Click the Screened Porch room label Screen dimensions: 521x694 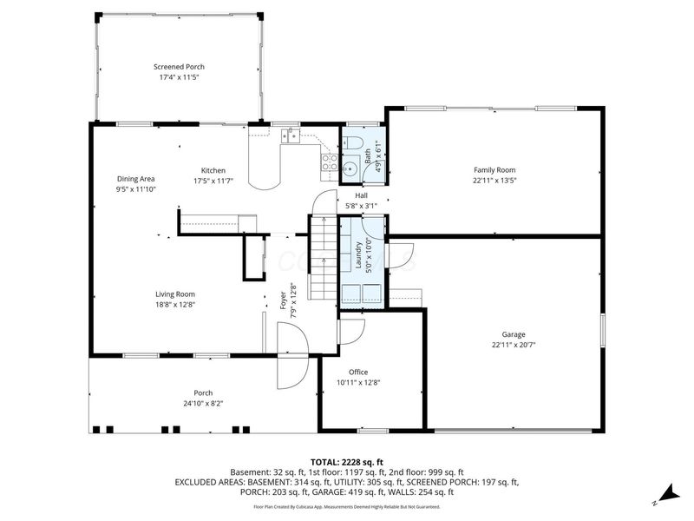point(179,67)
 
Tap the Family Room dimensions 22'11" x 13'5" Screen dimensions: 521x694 point(494,181)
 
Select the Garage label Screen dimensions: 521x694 point(513,334)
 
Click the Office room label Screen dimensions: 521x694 point(358,372)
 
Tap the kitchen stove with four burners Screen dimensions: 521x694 point(329,162)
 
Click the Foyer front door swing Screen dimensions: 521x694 point(289,356)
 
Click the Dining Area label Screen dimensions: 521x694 point(135,179)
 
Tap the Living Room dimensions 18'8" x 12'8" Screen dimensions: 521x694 point(175,304)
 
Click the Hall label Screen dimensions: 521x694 point(361,195)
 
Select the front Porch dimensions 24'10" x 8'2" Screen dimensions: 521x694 point(203,403)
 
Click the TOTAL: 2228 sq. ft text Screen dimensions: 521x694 point(346,461)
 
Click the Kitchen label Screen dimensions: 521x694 point(213,170)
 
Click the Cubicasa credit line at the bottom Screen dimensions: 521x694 point(346,506)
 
